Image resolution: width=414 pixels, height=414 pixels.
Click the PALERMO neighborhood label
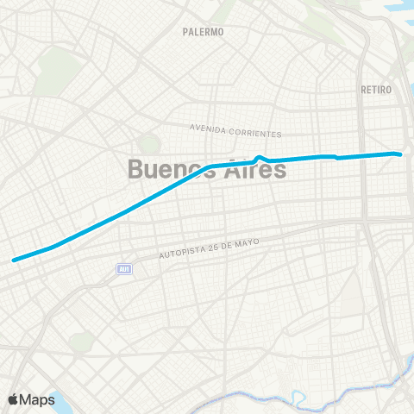[x=204, y=32]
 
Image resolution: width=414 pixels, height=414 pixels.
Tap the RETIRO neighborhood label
[x=378, y=90]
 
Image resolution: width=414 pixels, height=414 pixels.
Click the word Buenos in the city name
[x=168, y=168]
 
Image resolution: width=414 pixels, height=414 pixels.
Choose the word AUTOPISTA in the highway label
[x=184, y=253]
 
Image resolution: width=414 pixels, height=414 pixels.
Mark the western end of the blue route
[x=13, y=259]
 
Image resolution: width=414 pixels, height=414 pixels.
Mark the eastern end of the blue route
[x=401, y=154]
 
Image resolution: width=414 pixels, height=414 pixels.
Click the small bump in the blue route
[x=260, y=157]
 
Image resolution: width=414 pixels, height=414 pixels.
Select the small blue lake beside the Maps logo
[x=57, y=398]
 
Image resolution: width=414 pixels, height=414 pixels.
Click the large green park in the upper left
[x=57, y=65]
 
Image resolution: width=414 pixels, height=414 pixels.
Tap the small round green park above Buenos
[x=150, y=143]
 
